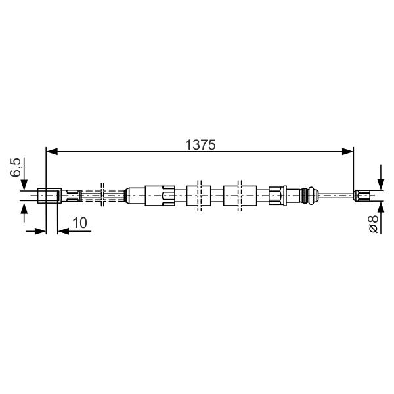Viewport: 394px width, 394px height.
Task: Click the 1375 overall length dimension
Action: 200,145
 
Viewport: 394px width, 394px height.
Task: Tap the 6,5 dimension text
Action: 16,167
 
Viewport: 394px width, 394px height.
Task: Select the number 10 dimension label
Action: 79,223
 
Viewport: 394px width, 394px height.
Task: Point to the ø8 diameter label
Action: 373,224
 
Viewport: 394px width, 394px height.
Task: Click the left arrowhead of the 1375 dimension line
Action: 52,152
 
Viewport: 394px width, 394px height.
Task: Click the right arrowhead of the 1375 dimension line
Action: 348,152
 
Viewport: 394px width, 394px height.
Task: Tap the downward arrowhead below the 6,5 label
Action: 24,185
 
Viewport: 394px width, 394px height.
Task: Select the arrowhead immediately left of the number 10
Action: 63,231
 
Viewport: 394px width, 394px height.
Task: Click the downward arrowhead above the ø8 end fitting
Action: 381,184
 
